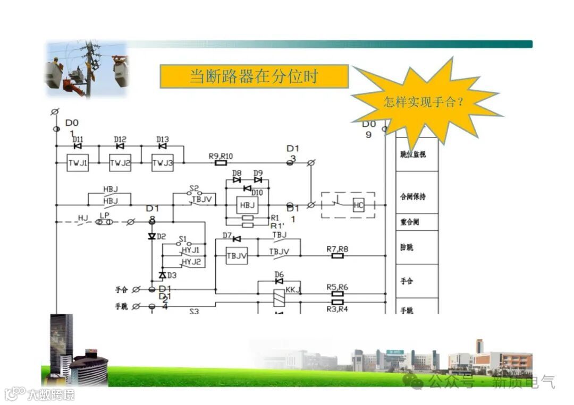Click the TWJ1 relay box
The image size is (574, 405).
coord(77,163)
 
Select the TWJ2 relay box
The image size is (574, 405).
coord(120,163)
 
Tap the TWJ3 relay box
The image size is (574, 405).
coord(162,163)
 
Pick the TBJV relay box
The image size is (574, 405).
coord(237,256)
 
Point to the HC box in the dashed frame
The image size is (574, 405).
coord(359,205)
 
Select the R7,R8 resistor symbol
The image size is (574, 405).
coord(337,256)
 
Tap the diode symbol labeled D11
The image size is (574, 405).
coord(77,146)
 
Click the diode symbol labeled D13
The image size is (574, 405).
coord(162,146)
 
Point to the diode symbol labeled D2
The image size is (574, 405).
coord(151,236)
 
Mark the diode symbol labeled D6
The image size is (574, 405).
coord(278,281)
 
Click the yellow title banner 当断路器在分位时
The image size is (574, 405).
coord(254,76)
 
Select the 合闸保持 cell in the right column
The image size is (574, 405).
coord(417,196)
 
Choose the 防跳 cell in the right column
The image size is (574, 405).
coord(417,247)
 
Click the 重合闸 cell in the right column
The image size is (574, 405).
coord(417,222)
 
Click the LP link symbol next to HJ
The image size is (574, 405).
coord(104,222)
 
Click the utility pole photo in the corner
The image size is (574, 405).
coord(86,69)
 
